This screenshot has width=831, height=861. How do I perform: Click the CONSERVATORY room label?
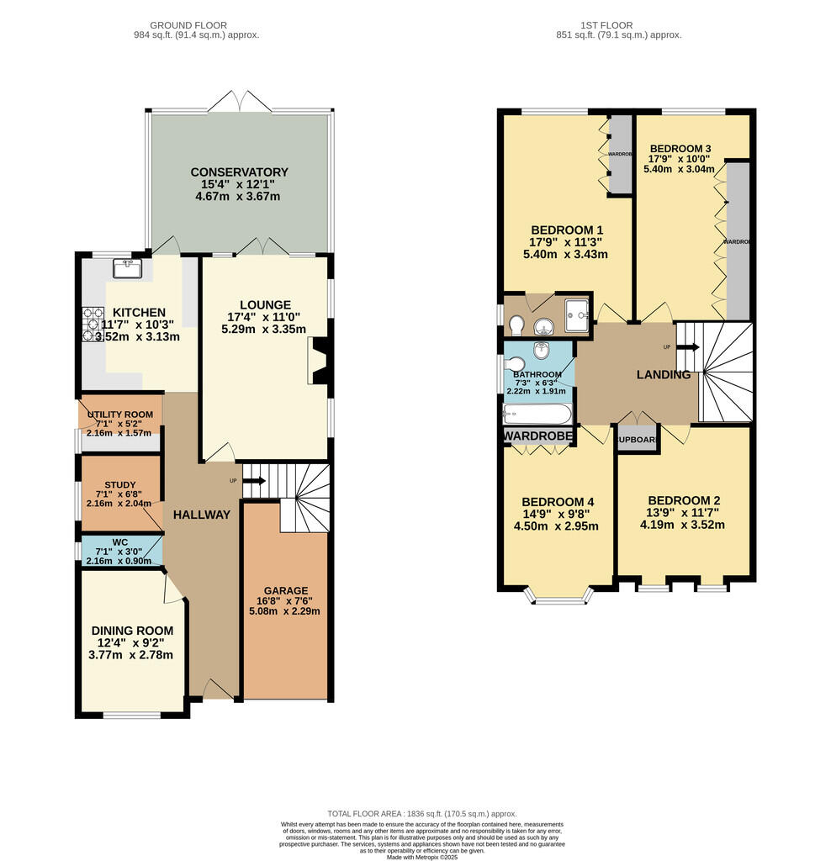point(239,172)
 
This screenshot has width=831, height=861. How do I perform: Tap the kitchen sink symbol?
point(130,267)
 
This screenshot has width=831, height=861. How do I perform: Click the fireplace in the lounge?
point(320,360)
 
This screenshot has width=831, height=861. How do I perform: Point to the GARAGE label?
point(285,590)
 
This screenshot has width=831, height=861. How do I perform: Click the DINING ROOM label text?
point(132,631)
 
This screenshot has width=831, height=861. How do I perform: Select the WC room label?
point(119,541)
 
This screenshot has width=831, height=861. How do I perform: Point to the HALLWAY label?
point(201,515)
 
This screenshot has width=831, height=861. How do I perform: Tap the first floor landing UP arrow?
point(688,346)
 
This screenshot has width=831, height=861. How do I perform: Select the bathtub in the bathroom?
point(537,414)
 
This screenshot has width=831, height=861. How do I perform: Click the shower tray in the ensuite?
point(577,312)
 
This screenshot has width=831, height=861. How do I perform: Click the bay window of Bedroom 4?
point(558,599)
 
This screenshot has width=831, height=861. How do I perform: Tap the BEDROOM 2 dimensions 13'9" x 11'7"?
point(684,513)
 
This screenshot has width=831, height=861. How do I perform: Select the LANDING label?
point(664,375)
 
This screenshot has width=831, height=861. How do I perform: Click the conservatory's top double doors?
point(241,102)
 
